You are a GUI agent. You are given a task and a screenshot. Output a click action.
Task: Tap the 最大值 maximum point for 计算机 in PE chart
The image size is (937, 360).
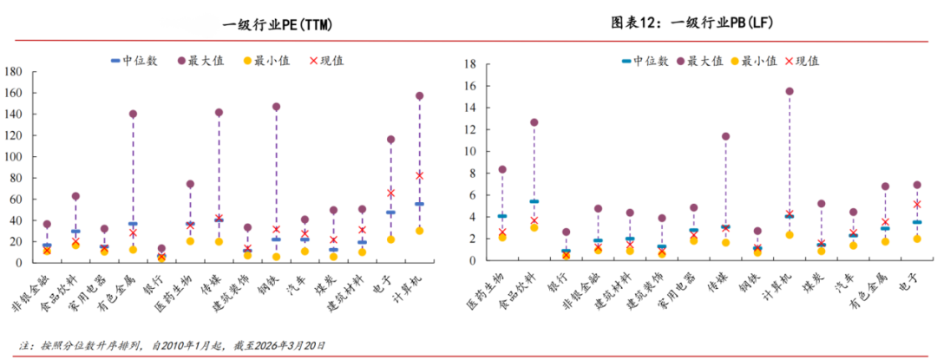[419, 95]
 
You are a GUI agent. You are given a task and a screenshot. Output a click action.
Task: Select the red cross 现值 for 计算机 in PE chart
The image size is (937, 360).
[419, 175]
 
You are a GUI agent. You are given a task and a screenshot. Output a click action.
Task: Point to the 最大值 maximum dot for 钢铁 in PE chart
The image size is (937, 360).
[276, 107]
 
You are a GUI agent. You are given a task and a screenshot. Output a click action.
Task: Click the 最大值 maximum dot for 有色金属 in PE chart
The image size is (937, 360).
[133, 114]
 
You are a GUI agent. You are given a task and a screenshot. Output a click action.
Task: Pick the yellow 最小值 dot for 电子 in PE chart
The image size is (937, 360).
[390, 239]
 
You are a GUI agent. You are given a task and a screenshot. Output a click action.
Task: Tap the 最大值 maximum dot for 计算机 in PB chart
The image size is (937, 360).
[790, 91]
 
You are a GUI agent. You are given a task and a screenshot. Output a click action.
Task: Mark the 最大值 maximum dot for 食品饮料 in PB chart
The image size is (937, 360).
[534, 122]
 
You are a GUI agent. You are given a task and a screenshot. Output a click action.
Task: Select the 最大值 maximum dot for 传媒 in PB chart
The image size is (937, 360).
[725, 136]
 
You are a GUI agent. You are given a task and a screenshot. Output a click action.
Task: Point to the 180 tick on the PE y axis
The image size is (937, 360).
[13, 72]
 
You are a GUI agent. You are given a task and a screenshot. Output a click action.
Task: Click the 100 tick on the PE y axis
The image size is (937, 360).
[13, 157]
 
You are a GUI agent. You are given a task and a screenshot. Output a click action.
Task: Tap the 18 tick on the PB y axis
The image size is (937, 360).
[470, 64]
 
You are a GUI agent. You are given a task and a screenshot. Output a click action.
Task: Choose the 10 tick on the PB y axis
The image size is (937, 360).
[470, 151]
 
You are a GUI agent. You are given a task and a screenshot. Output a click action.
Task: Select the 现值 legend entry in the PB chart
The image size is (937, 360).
[799, 61]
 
